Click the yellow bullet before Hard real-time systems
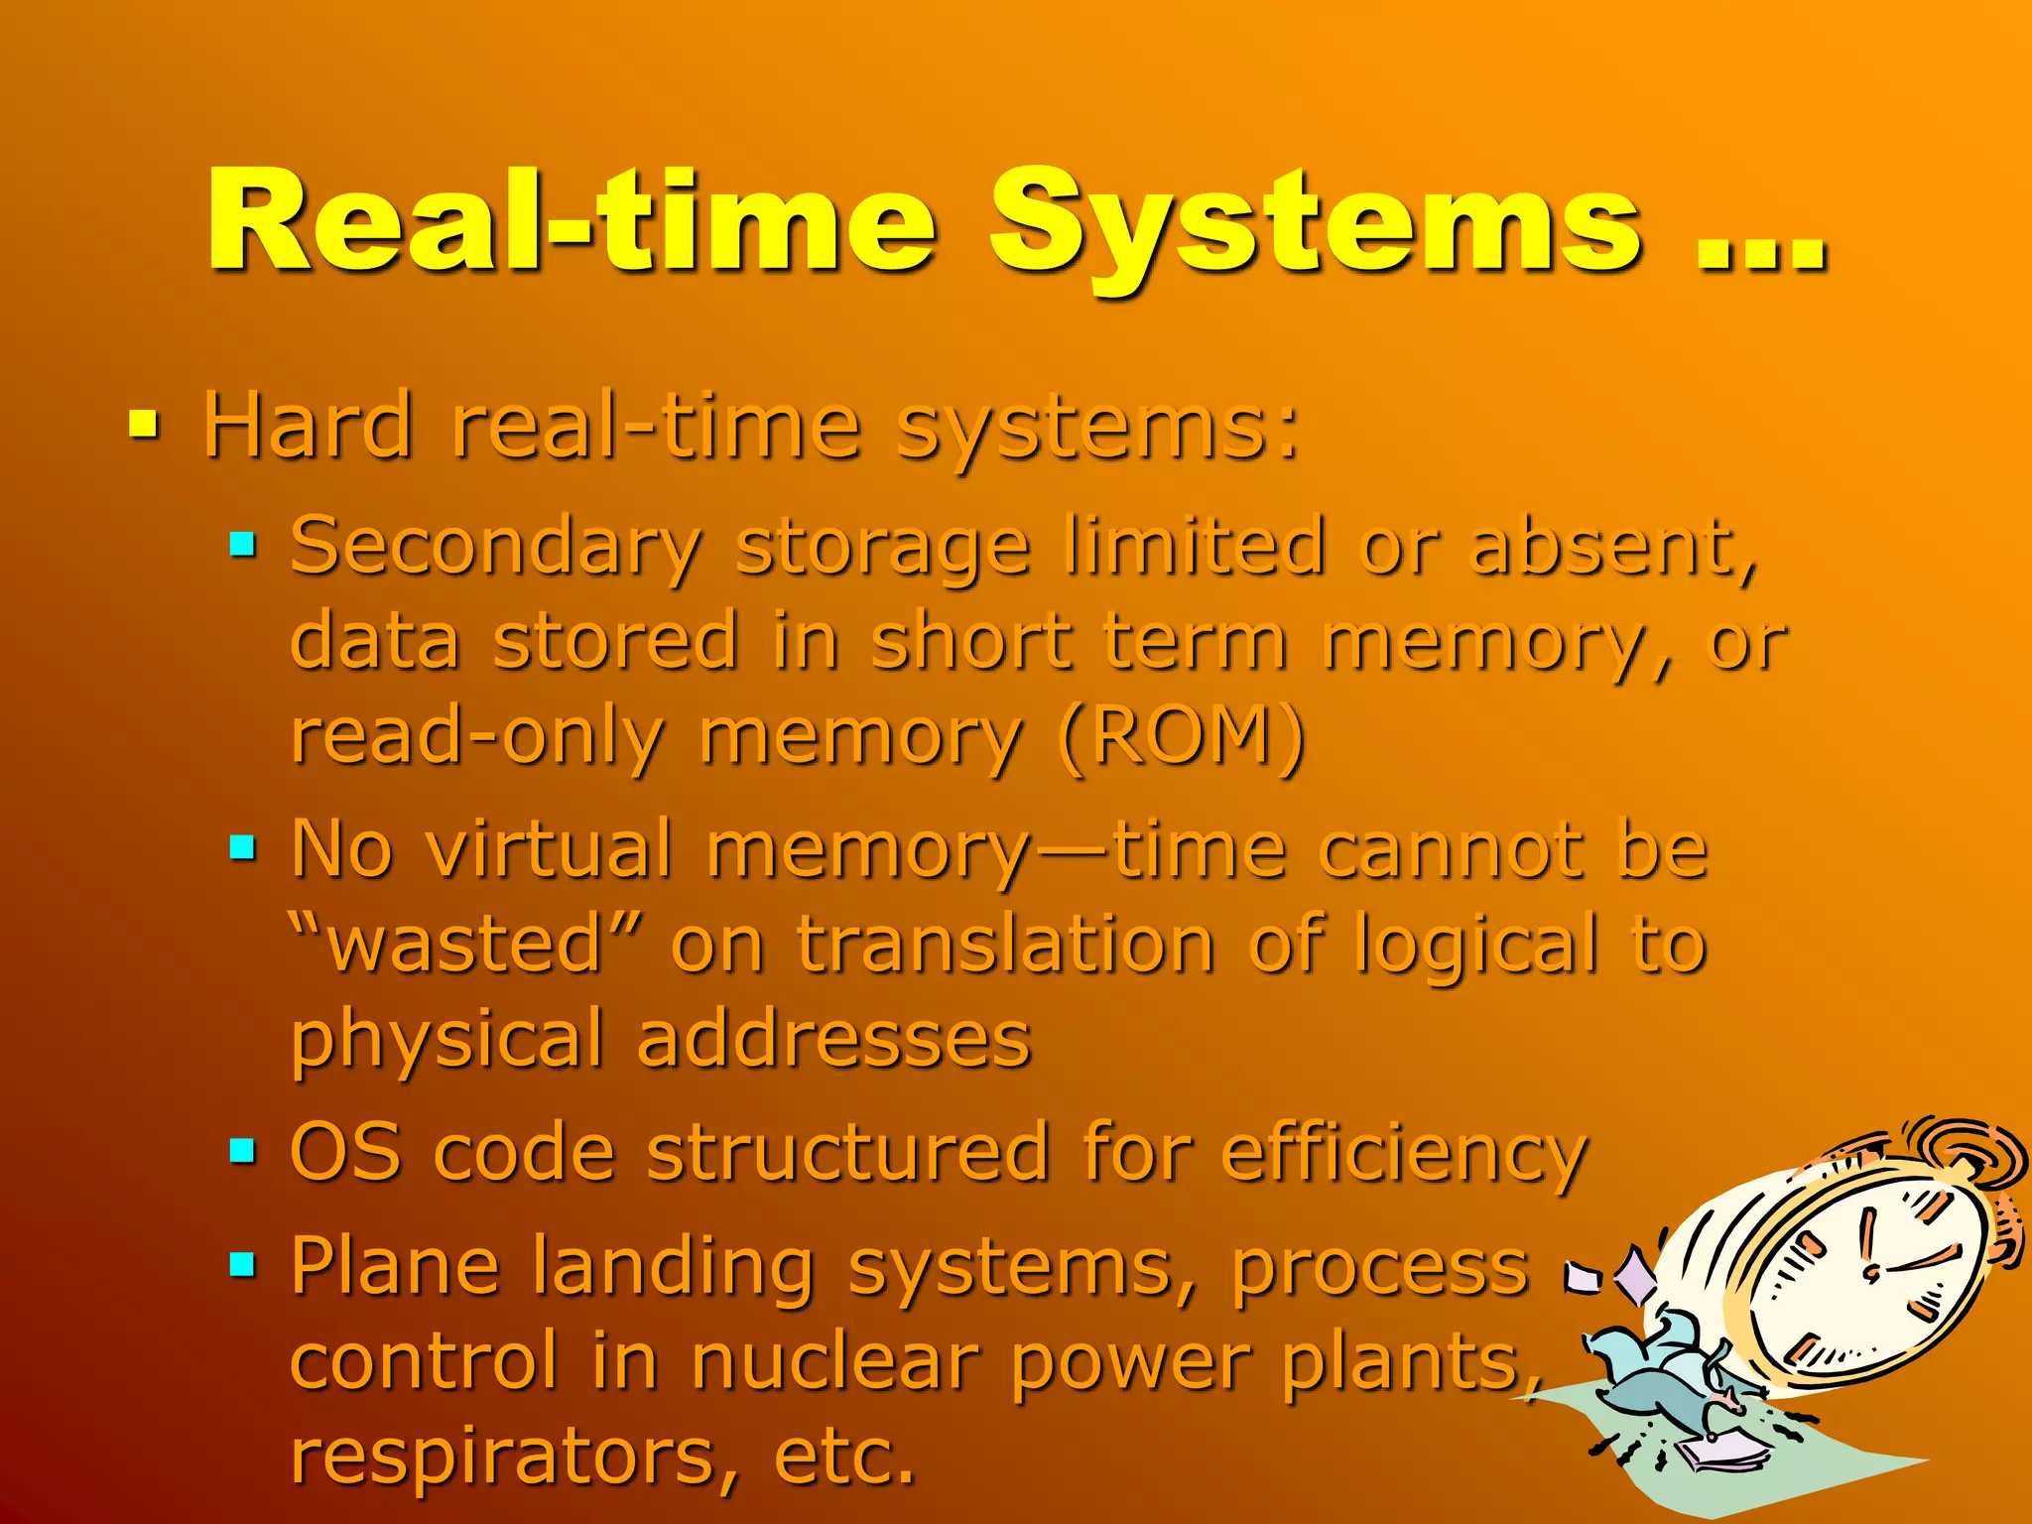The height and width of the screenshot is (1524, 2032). pos(144,427)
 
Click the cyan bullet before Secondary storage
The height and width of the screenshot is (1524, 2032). pos(243,545)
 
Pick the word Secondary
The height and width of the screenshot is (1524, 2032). pos(496,549)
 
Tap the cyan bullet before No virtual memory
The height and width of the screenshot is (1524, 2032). pos(243,848)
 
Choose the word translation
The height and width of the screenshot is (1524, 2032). pos(1004,945)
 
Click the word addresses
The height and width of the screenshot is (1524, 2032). pos(833,1041)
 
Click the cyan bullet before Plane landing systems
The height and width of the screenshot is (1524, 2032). pos(243,1264)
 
